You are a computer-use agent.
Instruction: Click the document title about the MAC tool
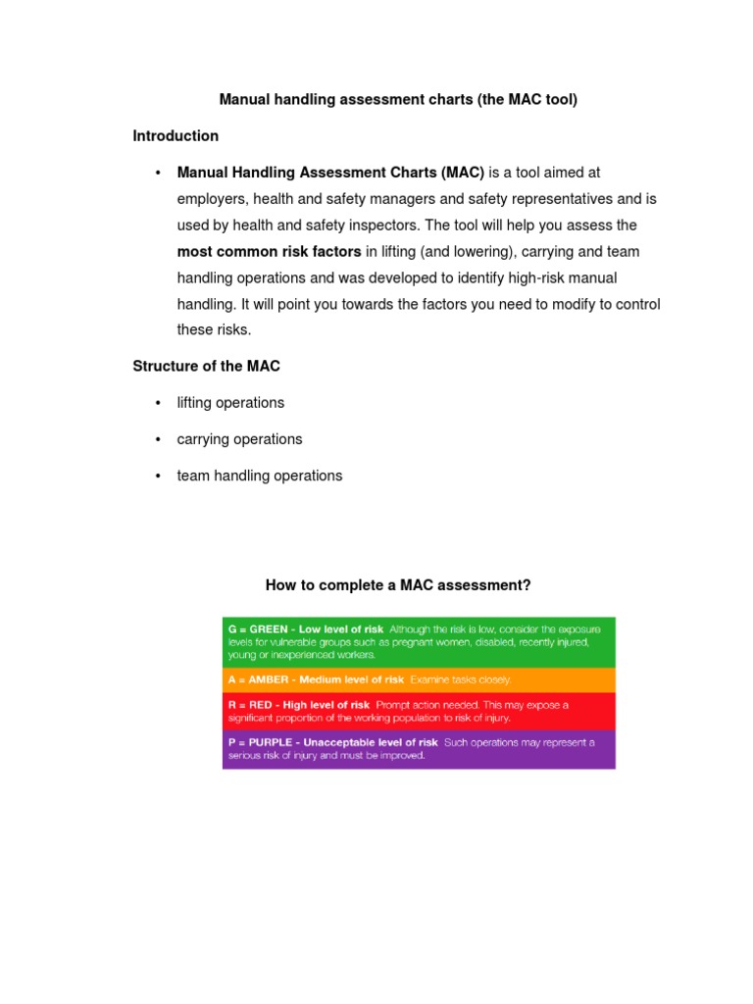[x=397, y=100]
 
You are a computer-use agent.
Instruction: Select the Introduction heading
[x=176, y=136]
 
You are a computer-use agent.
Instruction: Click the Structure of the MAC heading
[x=206, y=366]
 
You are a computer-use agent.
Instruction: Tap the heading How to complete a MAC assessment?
[x=398, y=585]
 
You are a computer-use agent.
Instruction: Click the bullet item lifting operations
[x=230, y=403]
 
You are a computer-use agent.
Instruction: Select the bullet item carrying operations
[x=239, y=439]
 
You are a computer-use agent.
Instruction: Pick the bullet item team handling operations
[x=260, y=476]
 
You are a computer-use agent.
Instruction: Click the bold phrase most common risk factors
[x=269, y=252]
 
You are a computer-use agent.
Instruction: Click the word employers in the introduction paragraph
[x=215, y=199]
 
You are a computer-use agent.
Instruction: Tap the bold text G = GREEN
[x=259, y=628]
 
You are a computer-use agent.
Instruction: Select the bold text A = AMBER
[x=260, y=679]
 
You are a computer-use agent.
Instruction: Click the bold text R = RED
[x=249, y=705]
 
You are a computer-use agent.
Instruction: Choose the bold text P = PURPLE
[x=258, y=742]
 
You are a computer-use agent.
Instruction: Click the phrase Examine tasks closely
[x=460, y=679]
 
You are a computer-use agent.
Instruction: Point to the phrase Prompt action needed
[x=425, y=705]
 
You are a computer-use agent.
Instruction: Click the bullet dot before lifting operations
[x=158, y=403]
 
